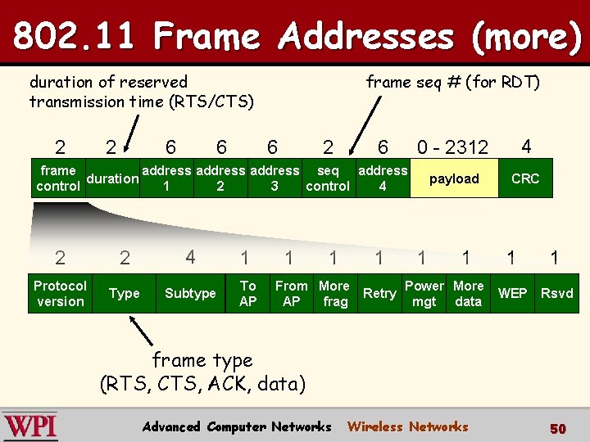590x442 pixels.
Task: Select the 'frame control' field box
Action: click(x=57, y=178)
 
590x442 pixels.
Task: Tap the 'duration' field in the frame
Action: click(x=112, y=178)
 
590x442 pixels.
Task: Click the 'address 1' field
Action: click(x=167, y=178)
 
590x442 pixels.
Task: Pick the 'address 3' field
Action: click(x=275, y=178)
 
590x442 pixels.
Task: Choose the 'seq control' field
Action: click(x=328, y=178)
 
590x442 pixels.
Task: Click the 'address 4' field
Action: click(x=383, y=178)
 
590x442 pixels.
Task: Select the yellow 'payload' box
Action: click(x=453, y=178)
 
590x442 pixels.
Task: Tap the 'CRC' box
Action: click(x=525, y=178)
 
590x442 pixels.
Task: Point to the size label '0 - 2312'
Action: click(x=452, y=147)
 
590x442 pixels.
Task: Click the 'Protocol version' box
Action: click(x=60, y=293)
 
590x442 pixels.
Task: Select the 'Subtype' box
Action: click(x=190, y=293)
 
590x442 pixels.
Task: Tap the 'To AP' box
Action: click(x=247, y=293)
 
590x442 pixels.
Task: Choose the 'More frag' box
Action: click(x=334, y=293)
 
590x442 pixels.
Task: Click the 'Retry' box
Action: click(x=379, y=293)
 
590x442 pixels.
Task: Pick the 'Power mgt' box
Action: click(x=424, y=293)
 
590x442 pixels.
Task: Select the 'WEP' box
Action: click(x=513, y=293)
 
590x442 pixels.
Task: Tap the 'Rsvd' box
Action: click(x=557, y=293)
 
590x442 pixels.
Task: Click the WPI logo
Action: click(x=30, y=426)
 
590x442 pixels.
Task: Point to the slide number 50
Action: click(x=558, y=428)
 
